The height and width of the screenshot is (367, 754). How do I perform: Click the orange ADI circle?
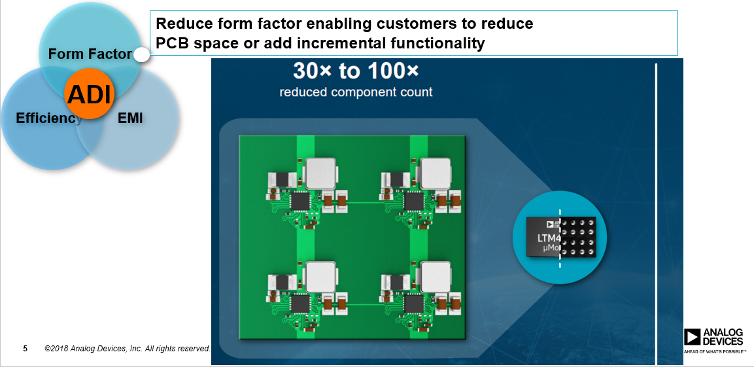click(x=90, y=94)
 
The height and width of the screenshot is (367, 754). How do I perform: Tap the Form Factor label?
click(x=90, y=54)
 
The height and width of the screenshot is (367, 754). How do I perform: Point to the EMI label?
click(x=130, y=118)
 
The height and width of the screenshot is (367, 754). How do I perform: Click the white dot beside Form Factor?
click(x=141, y=56)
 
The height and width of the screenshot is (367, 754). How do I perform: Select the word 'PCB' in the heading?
click(x=171, y=44)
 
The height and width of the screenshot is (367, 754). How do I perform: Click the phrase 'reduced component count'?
click(x=356, y=92)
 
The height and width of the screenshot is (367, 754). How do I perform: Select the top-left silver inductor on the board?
click(x=320, y=172)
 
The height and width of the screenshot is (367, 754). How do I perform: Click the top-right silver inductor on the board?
click(x=436, y=172)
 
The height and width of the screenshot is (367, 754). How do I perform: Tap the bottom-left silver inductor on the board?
click(x=320, y=276)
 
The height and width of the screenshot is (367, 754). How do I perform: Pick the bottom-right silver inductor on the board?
click(x=436, y=276)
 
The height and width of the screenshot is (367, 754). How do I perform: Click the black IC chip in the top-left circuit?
click(x=300, y=201)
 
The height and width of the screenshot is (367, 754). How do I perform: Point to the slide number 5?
click(x=25, y=348)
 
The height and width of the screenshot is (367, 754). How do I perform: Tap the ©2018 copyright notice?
click(x=128, y=349)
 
